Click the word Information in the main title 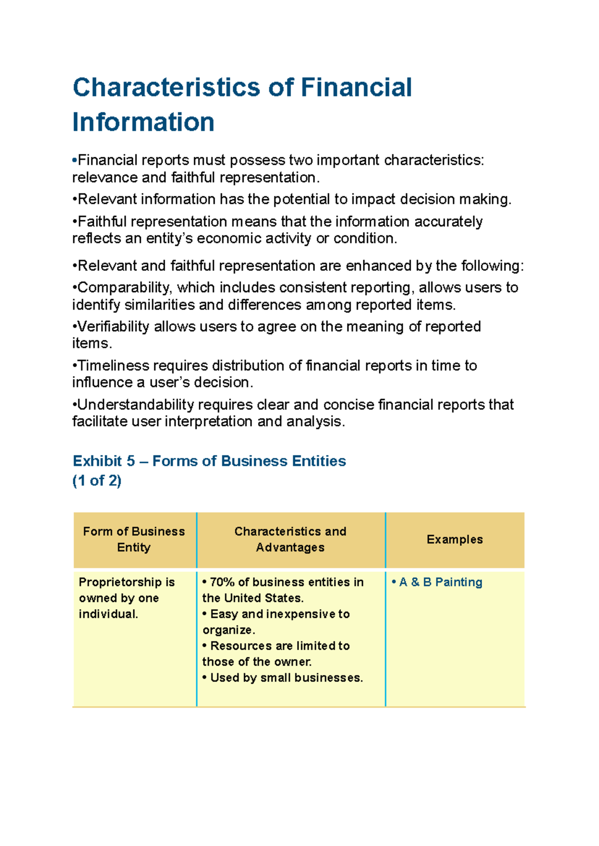(143, 122)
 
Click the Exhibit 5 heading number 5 (131, 461)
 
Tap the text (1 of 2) (97, 480)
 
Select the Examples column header (454, 539)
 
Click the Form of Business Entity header (134, 539)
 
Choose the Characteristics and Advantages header (290, 539)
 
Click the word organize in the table (228, 630)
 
